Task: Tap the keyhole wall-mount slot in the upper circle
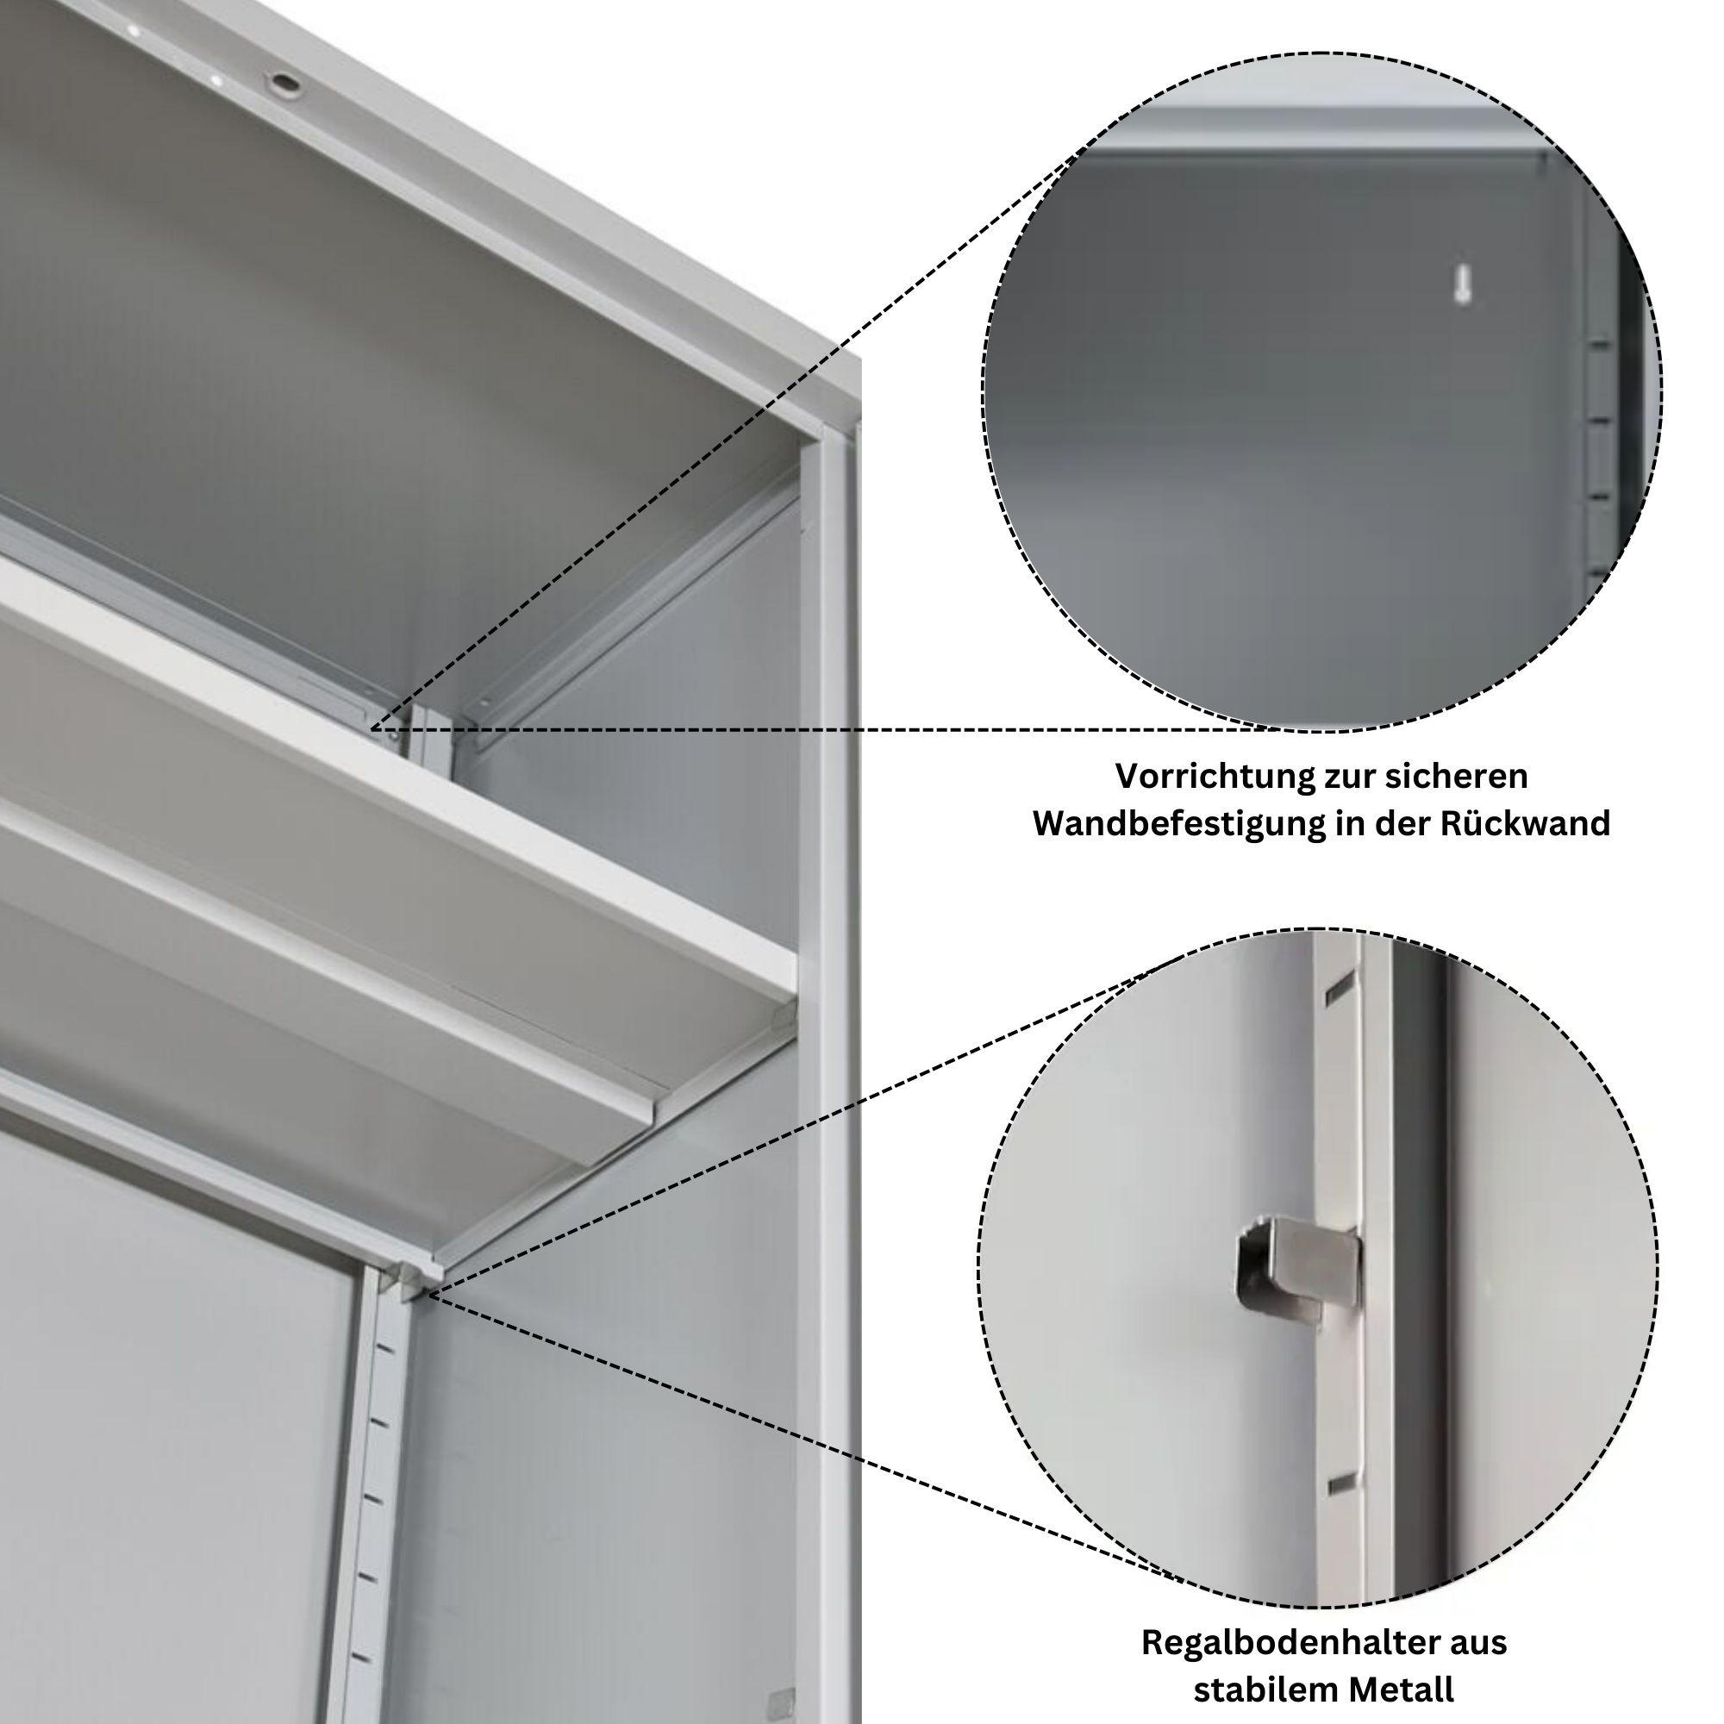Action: (1461, 284)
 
